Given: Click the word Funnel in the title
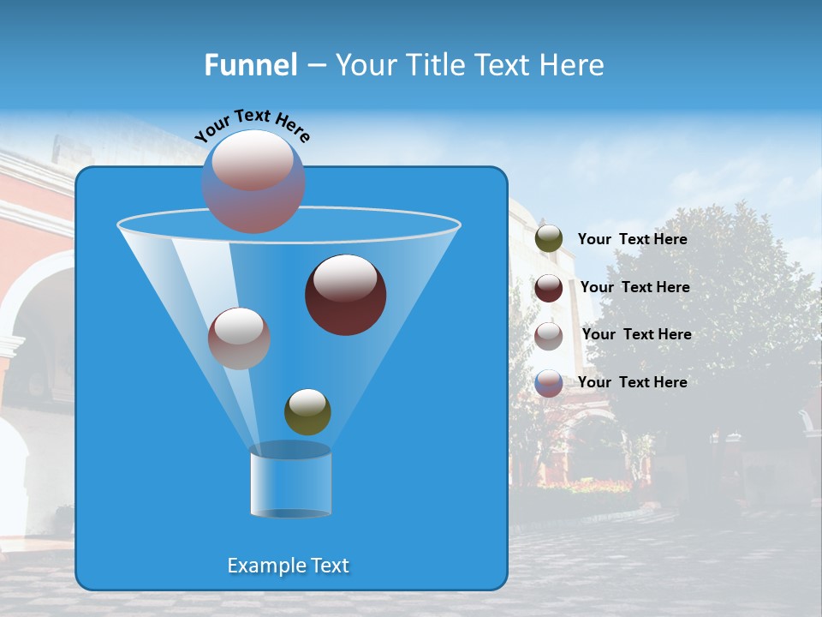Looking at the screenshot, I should [x=250, y=65].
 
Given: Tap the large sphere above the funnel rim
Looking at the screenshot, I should [x=253, y=181].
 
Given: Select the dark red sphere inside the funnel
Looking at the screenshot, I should [x=345, y=296].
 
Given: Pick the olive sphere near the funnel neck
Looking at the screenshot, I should [x=307, y=412].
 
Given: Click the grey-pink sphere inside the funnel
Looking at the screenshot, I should [x=239, y=338].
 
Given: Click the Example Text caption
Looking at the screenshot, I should [x=288, y=566].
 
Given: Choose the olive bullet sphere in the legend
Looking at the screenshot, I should [x=549, y=239].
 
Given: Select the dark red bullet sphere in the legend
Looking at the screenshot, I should [x=549, y=288].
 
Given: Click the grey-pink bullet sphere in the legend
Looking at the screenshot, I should [x=549, y=335].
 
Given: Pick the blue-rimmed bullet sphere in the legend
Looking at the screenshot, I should [x=549, y=383].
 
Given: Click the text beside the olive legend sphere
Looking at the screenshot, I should [x=632, y=239].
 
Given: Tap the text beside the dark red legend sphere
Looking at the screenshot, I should [x=634, y=287].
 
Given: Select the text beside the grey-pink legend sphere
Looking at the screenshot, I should [x=636, y=334].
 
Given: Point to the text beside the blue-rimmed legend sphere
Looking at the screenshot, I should [x=632, y=382].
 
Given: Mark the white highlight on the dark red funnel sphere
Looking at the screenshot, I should [x=345, y=278].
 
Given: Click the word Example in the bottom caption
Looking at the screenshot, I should [x=264, y=566].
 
